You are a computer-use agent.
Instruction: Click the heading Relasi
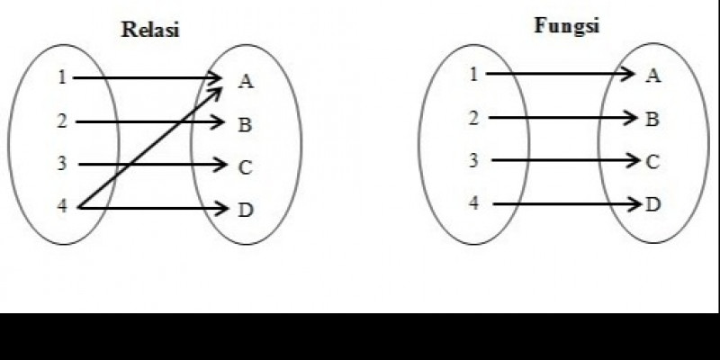(x=151, y=30)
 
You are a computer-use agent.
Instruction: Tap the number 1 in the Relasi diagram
(x=62, y=77)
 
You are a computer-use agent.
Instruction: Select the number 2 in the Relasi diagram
(x=62, y=121)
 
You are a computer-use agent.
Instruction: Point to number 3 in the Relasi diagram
(x=62, y=164)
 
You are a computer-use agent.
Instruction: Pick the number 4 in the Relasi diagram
(x=62, y=207)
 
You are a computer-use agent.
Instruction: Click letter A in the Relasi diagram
(x=246, y=82)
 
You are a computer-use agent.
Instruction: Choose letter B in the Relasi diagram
(x=245, y=125)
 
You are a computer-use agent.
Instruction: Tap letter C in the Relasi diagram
(x=245, y=167)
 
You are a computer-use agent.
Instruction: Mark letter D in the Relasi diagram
(x=245, y=211)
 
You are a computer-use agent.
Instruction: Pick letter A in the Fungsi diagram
(x=653, y=76)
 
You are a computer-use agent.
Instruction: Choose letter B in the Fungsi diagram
(x=652, y=119)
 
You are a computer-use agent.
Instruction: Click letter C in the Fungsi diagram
(x=653, y=162)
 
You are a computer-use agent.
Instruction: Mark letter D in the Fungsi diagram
(x=653, y=204)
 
